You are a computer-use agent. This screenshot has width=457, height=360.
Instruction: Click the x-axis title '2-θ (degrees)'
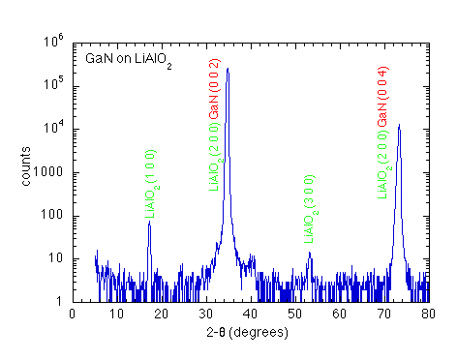[251, 333]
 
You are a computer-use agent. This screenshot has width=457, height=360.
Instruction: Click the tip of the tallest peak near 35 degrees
[228, 69]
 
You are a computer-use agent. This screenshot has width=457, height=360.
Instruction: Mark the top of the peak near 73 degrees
[399, 125]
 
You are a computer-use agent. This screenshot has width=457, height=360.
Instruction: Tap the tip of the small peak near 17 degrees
[149, 224]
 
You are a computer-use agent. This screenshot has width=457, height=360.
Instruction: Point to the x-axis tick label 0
[73, 314]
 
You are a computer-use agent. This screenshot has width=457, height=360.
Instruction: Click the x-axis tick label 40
[251, 314]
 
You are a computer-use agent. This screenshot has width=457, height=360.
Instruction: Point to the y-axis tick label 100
[55, 216]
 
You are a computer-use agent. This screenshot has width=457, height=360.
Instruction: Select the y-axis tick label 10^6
[54, 42]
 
